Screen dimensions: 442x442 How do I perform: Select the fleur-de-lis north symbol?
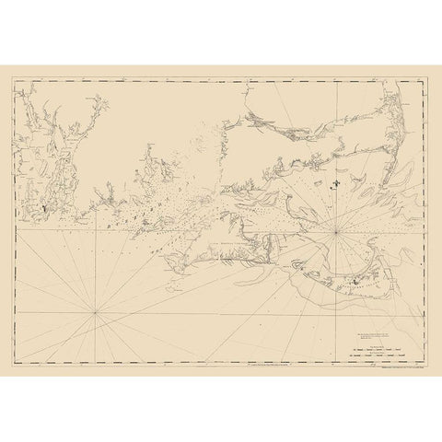(x=337, y=183)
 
